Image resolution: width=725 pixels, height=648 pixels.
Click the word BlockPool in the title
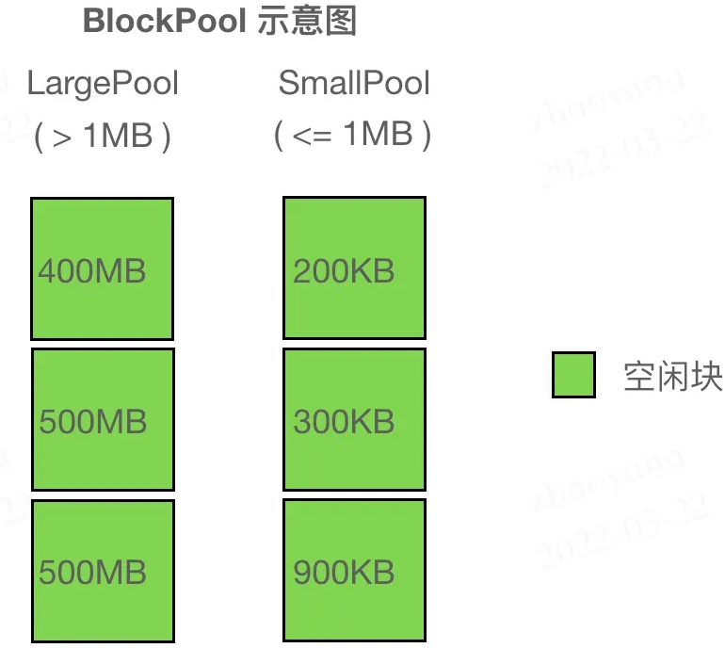point(166,21)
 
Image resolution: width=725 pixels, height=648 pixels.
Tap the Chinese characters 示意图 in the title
point(307,21)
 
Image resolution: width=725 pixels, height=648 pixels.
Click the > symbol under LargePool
point(62,137)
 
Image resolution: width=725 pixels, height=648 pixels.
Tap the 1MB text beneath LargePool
point(118,137)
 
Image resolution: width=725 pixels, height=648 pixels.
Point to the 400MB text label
point(92,272)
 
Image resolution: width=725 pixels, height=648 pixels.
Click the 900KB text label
point(344,573)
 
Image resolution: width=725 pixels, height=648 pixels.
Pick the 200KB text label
point(344,272)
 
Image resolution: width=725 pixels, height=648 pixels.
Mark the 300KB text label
point(344,421)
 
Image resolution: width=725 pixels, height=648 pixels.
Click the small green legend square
point(573,375)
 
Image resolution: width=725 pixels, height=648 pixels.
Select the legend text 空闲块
point(672,376)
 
